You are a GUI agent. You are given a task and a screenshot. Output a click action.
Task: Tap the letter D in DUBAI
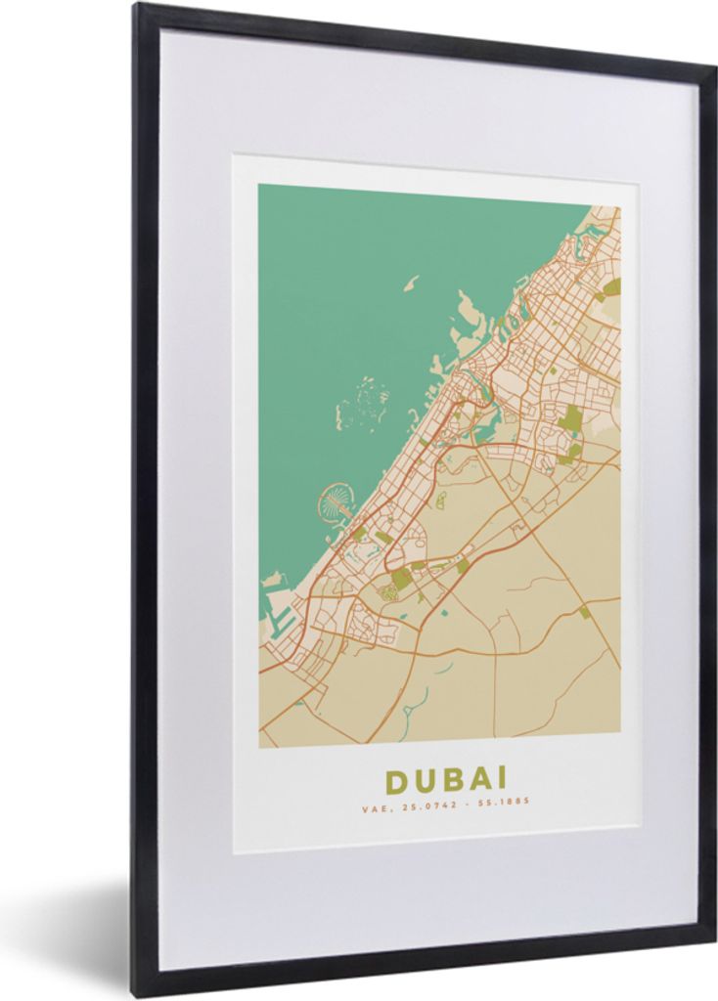pyautogui.click(x=395, y=780)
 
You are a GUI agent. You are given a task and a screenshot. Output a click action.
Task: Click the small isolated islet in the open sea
pyautogui.click(x=411, y=283)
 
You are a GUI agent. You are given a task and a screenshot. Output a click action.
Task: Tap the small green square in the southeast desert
pyautogui.click(x=584, y=612)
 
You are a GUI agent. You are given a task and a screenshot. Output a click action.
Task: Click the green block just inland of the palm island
pyautogui.click(x=360, y=534)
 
